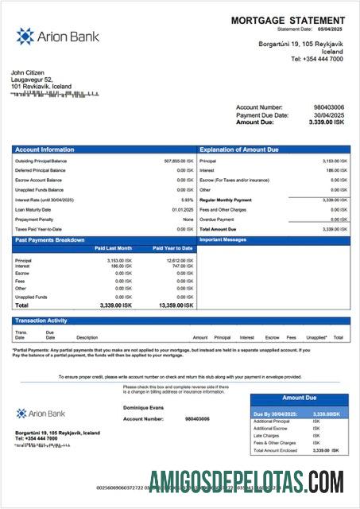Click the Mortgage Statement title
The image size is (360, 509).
(x=288, y=20)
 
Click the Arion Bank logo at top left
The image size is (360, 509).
(x=46, y=36)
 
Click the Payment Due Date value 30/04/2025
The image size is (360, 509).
(x=328, y=115)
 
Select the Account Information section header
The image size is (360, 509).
(x=45, y=150)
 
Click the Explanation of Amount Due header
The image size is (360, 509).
(x=238, y=150)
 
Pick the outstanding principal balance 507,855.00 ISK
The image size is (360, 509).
(x=179, y=161)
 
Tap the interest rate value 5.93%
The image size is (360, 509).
(x=188, y=200)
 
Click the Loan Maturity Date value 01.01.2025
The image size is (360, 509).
(x=183, y=209)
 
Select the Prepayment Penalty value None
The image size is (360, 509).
(x=188, y=219)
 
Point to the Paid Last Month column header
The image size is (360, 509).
(x=113, y=248)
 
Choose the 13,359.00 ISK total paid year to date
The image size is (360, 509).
(x=176, y=305)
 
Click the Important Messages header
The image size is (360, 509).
(x=223, y=239)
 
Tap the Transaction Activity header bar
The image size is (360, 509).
(x=181, y=321)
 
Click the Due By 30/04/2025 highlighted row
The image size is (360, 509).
(x=299, y=414)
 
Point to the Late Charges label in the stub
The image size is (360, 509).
(x=266, y=436)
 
